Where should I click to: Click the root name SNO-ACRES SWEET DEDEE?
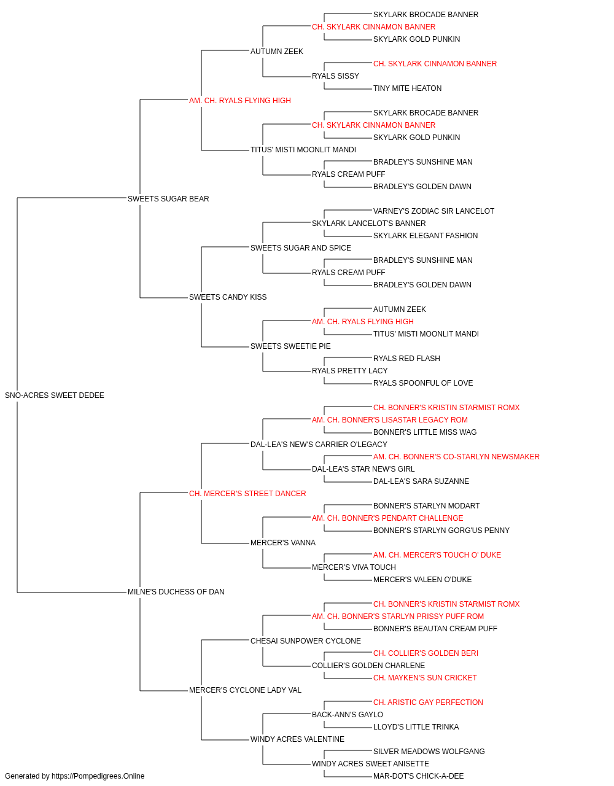click(54, 395)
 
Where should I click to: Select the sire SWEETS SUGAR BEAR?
click(168, 199)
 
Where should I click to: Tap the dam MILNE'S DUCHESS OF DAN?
click(176, 592)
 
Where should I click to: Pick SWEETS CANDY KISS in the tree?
click(227, 297)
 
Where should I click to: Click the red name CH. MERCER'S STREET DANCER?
click(247, 494)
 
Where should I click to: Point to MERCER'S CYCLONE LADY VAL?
click(245, 690)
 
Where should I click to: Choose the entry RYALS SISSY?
click(335, 76)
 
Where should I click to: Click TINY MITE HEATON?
click(407, 88)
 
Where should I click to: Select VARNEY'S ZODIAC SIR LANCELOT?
click(433, 211)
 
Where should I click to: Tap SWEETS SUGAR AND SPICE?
click(300, 248)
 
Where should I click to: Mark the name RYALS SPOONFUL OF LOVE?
click(422, 383)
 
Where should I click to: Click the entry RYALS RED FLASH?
click(406, 359)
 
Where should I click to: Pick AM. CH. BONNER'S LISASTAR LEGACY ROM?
click(389, 420)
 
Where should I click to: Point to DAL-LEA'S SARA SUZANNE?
click(421, 481)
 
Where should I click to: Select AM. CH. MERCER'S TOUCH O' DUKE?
click(437, 555)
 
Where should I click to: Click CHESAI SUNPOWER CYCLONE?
click(306, 641)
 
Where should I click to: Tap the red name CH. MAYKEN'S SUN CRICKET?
click(425, 678)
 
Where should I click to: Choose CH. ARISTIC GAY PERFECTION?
click(428, 702)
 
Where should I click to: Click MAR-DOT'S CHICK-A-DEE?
click(418, 776)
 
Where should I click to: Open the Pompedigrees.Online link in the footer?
click(98, 776)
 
